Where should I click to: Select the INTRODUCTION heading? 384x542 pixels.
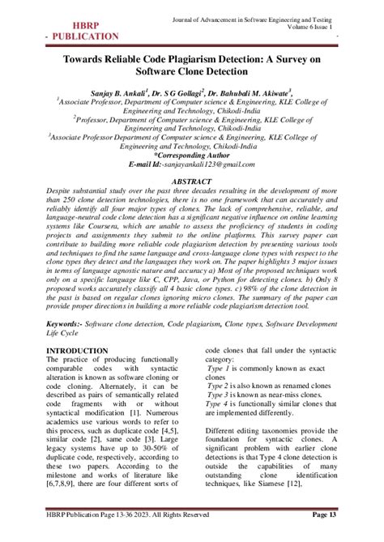tap(78, 350)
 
